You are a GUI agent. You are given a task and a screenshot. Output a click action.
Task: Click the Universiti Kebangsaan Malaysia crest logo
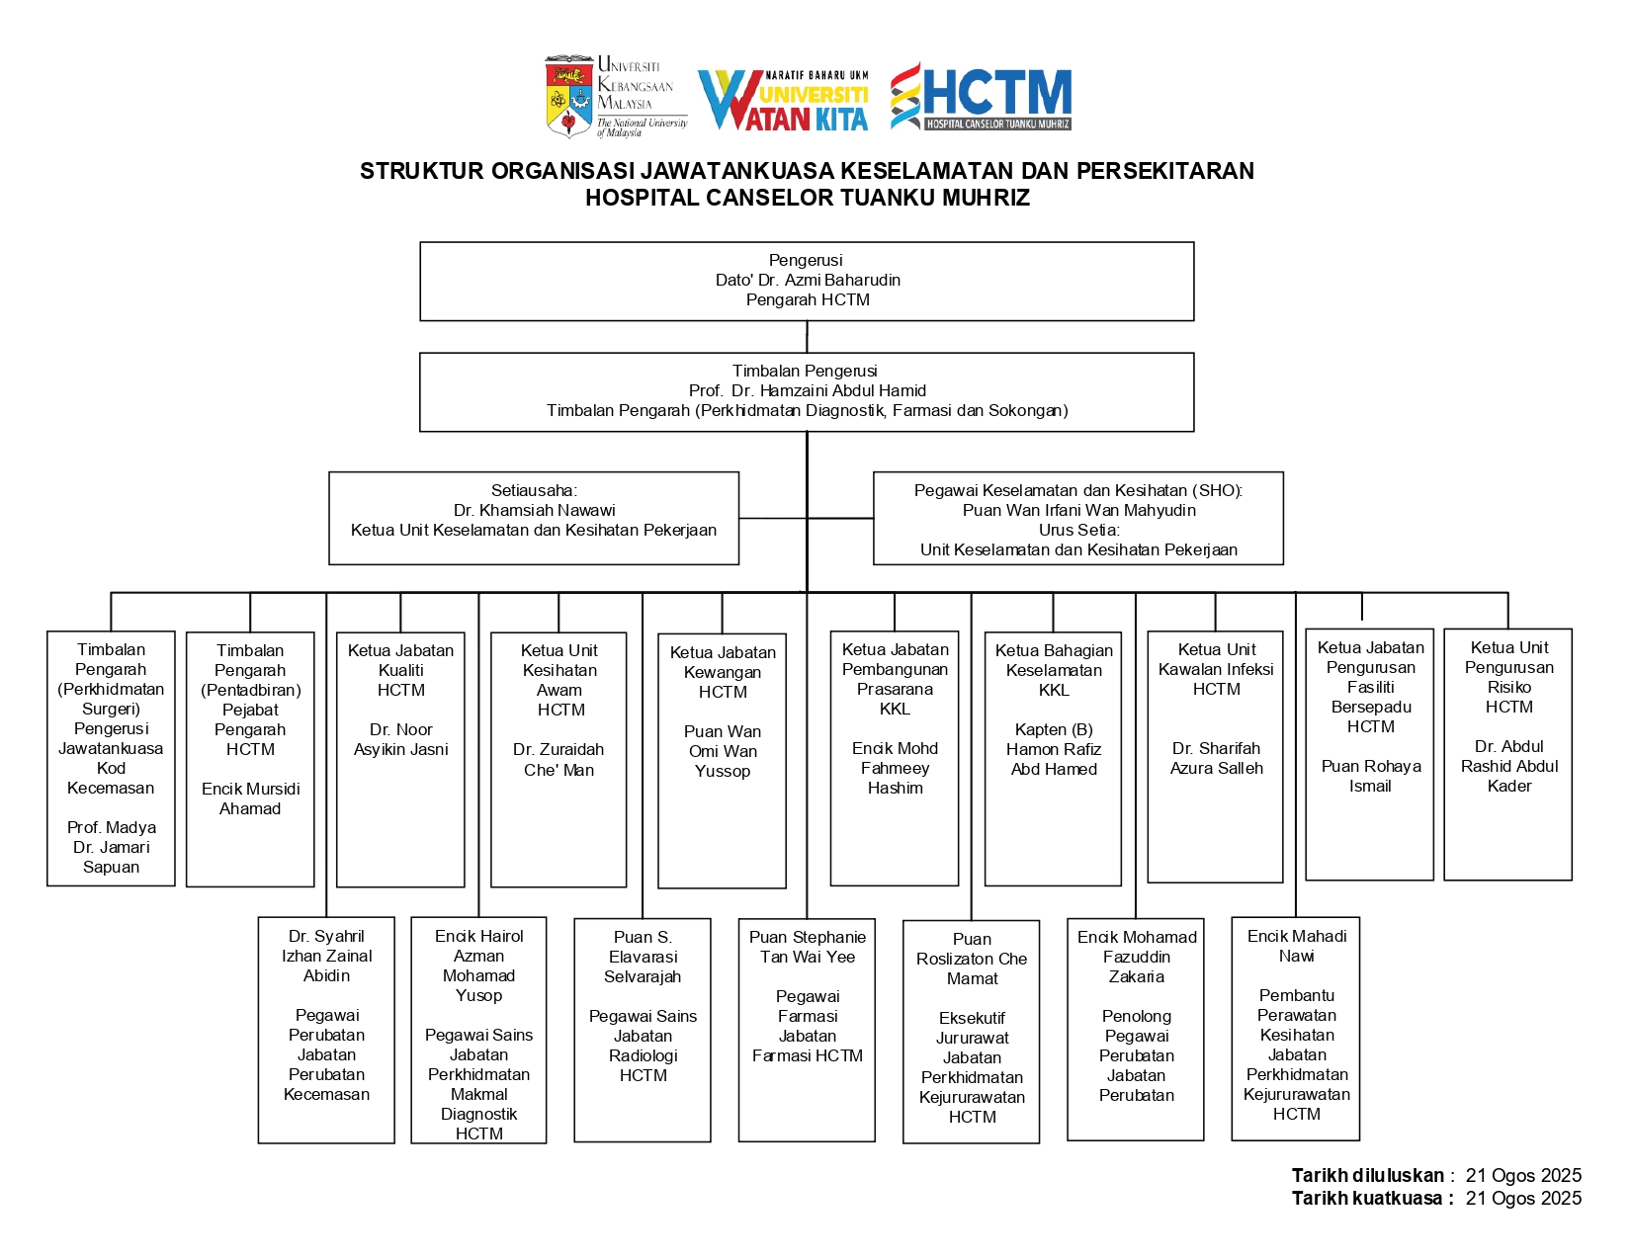(x=570, y=97)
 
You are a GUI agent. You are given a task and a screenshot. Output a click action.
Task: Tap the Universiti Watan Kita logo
(x=783, y=100)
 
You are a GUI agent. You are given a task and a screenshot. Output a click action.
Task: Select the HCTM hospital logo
(x=981, y=96)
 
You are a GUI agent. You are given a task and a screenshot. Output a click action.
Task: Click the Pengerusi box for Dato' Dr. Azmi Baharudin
(x=807, y=281)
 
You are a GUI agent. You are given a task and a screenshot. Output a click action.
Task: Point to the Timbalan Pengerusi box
(x=807, y=391)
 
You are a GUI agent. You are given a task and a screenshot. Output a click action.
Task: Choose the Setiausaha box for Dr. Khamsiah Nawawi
(x=534, y=518)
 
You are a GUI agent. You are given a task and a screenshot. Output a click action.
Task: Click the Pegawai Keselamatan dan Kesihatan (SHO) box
(x=1078, y=518)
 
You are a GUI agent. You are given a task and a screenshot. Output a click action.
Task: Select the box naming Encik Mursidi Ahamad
(x=250, y=759)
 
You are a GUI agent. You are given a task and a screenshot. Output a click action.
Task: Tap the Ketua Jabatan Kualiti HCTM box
(x=400, y=759)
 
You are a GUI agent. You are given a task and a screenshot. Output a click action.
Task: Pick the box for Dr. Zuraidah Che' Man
(x=558, y=759)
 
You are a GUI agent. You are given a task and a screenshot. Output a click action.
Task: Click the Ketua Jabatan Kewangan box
(x=723, y=760)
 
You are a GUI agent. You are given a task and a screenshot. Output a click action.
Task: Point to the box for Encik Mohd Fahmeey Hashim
(x=895, y=758)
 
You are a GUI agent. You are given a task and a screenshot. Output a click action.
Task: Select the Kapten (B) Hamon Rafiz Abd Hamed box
(x=1054, y=758)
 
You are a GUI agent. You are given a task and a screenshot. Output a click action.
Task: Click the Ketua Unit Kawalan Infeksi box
(x=1216, y=756)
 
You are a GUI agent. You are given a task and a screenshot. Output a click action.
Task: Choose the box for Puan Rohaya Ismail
(x=1370, y=754)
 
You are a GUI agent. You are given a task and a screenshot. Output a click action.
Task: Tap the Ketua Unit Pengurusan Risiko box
(x=1508, y=754)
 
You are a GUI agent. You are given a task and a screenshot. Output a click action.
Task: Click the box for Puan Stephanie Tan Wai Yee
(x=807, y=1030)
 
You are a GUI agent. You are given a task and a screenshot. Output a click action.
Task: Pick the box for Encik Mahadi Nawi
(x=1296, y=1028)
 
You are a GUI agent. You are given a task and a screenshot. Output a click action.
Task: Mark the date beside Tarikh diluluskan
(x=1523, y=1175)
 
